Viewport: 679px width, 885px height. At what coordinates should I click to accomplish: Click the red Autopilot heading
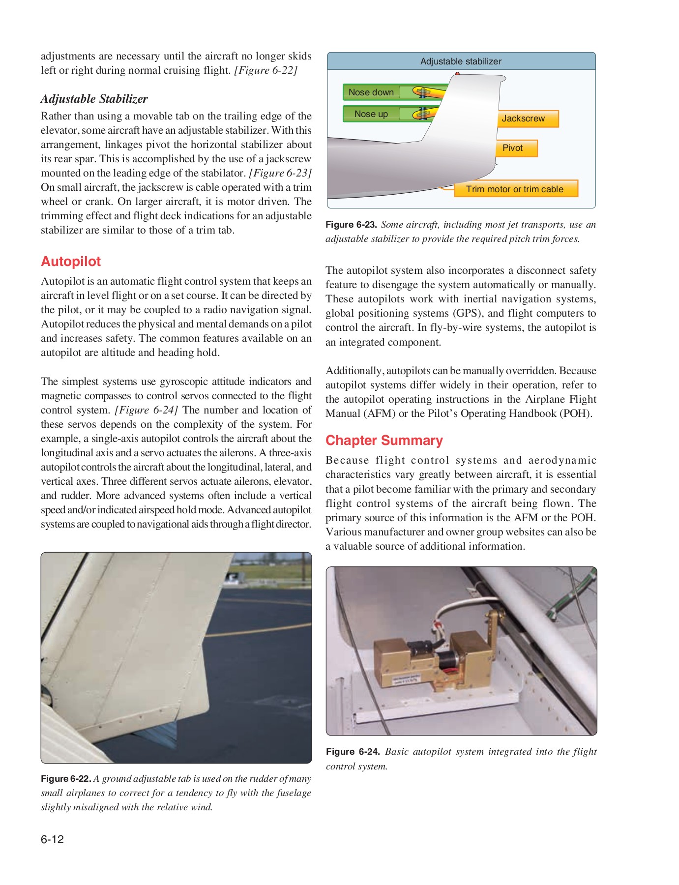tap(71, 262)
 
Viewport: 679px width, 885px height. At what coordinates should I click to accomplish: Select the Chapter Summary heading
tap(384, 441)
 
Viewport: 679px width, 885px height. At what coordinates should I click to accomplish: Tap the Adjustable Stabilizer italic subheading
tap(94, 99)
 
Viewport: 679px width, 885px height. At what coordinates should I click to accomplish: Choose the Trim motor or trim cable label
tap(514, 189)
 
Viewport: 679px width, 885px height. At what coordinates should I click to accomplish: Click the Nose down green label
tap(371, 92)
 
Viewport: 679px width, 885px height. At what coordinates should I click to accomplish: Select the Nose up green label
tap(371, 114)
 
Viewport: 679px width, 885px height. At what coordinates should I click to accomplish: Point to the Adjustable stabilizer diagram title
tap(461, 61)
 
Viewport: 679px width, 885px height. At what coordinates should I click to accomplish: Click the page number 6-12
tap(53, 839)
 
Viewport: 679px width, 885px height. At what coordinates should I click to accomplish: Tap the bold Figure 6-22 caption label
tap(66, 779)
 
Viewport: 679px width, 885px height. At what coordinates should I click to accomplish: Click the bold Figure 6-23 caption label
tap(351, 225)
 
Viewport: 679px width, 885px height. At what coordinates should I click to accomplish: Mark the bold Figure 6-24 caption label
tap(353, 752)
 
